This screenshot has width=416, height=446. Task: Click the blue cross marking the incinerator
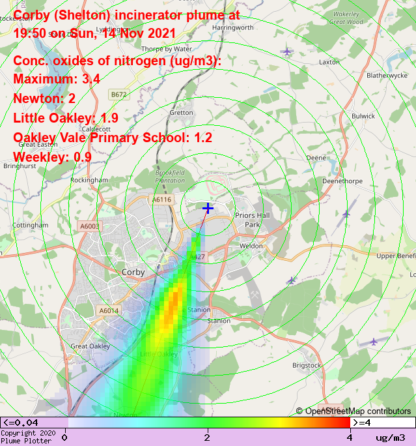[208, 208]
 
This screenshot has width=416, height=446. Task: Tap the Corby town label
[133, 272]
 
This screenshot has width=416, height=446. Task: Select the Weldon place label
[251, 246]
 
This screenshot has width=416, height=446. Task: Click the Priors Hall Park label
[247, 220]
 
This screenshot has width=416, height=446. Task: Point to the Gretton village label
[181, 113]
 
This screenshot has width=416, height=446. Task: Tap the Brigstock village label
[307, 366]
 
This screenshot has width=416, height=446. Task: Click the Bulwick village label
[363, 116]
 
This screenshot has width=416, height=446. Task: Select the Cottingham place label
[30, 225]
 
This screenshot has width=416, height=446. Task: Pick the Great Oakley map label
[90, 346]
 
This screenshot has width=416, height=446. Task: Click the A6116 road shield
[161, 200]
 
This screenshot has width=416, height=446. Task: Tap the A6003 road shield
[89, 226]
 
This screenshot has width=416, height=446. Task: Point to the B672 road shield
[118, 95]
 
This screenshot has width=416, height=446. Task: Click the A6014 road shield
[109, 311]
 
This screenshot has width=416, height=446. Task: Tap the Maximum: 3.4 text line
[56, 79]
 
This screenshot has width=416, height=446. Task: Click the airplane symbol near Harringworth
[287, 51]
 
